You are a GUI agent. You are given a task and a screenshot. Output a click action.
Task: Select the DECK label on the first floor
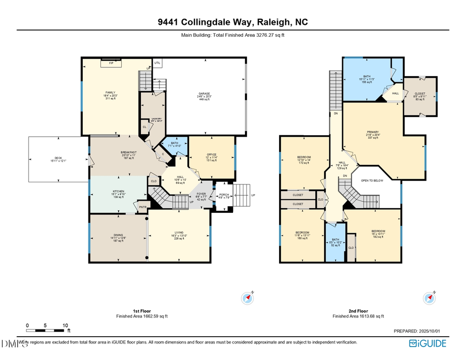pyautogui.click(x=59, y=158)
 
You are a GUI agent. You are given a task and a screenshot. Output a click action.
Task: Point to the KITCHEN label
pyautogui.click(x=119, y=191)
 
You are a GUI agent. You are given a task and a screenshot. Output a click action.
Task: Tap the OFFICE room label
pyautogui.click(x=211, y=154)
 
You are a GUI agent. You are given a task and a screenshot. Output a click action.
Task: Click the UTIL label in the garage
pyautogui.click(x=158, y=63)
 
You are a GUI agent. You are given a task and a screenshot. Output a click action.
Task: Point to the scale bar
pyautogui.click(x=46, y=330)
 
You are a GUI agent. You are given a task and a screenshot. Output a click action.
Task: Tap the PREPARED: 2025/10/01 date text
pyautogui.click(x=420, y=330)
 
